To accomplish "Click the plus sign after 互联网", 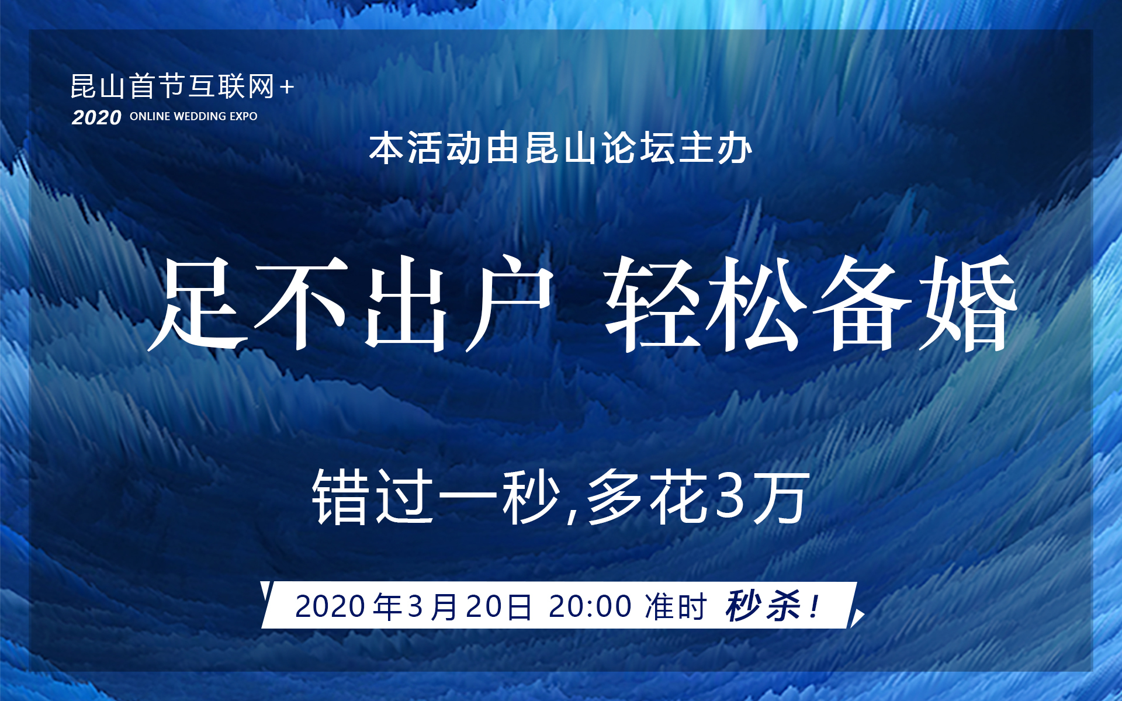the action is [x=286, y=88].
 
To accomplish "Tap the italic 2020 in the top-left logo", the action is [x=96, y=117].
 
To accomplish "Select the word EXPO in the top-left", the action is [x=243, y=116].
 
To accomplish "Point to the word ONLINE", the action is [x=150, y=116].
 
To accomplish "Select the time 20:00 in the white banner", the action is [x=590, y=606].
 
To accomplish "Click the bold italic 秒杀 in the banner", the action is [x=763, y=606].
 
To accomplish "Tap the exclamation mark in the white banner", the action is [x=814, y=606].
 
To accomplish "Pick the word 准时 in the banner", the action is [x=676, y=606].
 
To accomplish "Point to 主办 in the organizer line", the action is [x=715, y=148].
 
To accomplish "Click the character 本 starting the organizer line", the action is [x=386, y=148].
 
